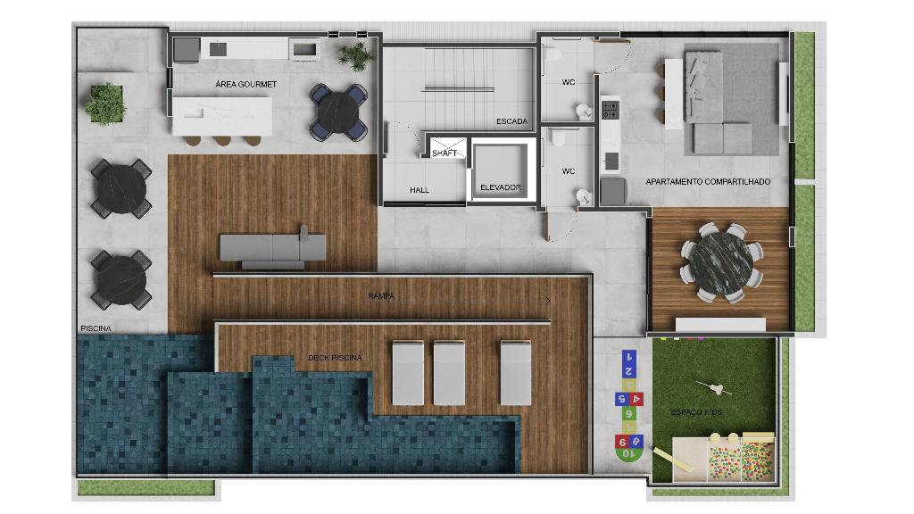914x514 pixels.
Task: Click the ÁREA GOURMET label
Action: (246, 85)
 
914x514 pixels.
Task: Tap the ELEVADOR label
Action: (501, 187)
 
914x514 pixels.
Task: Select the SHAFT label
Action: (445, 153)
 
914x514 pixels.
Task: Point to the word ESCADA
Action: (511, 121)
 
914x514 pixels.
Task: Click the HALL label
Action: (420, 190)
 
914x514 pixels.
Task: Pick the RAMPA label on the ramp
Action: (381, 296)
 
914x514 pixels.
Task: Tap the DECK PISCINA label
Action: (336, 358)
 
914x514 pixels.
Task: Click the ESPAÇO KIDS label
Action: (696, 412)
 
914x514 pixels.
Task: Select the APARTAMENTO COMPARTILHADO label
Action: (708, 182)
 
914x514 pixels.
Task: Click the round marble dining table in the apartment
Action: (720, 263)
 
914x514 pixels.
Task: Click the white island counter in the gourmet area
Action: (222, 116)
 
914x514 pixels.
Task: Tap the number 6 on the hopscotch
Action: (628, 414)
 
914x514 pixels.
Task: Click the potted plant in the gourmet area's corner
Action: (354, 55)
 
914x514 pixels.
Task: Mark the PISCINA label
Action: (96, 328)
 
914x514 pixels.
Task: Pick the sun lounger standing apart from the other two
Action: (516, 373)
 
